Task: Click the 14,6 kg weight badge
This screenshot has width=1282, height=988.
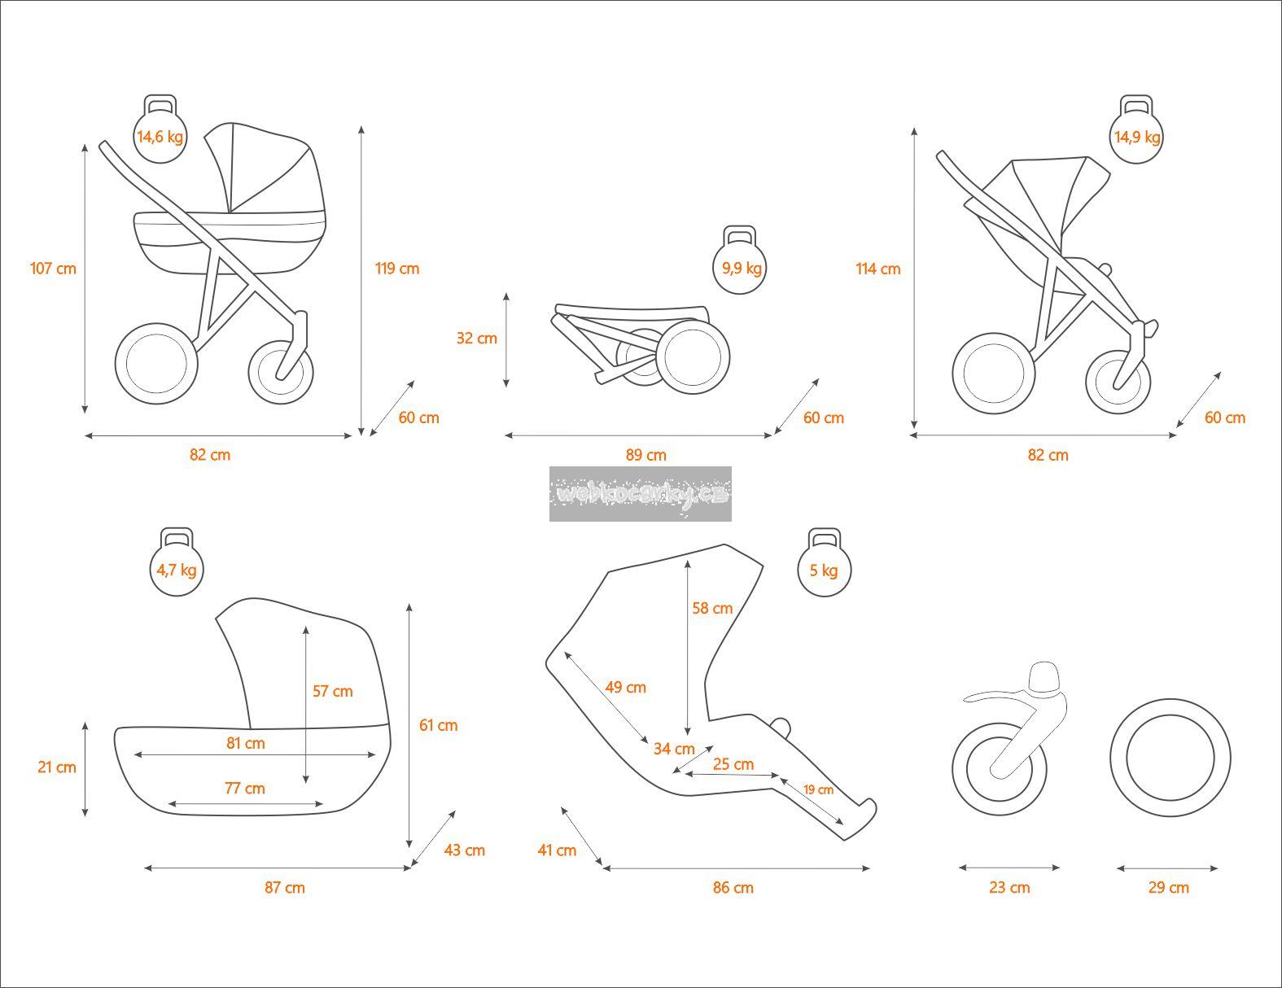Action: pos(160,136)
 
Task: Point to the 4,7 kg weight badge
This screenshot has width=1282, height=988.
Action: pos(177,570)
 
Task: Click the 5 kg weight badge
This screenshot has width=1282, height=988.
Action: pos(824,570)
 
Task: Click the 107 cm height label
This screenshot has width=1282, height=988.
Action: pos(53,268)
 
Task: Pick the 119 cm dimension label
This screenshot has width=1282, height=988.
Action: pos(397,269)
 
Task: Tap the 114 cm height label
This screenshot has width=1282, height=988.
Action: pos(878,269)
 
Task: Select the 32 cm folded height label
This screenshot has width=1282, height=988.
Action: pos(476,338)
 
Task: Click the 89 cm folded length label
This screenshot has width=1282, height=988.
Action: pos(645,455)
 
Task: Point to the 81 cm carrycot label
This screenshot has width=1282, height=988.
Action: pos(245,743)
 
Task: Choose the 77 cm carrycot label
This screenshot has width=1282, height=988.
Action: pos(245,788)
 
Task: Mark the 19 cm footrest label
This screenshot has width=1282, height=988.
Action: pos(818,789)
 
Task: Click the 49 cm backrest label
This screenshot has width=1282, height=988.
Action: pos(625,687)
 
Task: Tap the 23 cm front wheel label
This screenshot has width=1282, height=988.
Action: pos(1009,887)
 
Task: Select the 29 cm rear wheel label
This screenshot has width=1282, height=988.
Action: pos(1168,887)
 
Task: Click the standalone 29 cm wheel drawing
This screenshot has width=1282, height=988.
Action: pos(1170,758)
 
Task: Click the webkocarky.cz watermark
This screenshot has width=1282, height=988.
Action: pos(641,493)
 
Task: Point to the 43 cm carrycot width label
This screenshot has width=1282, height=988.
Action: pos(464,850)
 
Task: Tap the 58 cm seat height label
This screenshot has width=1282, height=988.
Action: pos(712,608)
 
